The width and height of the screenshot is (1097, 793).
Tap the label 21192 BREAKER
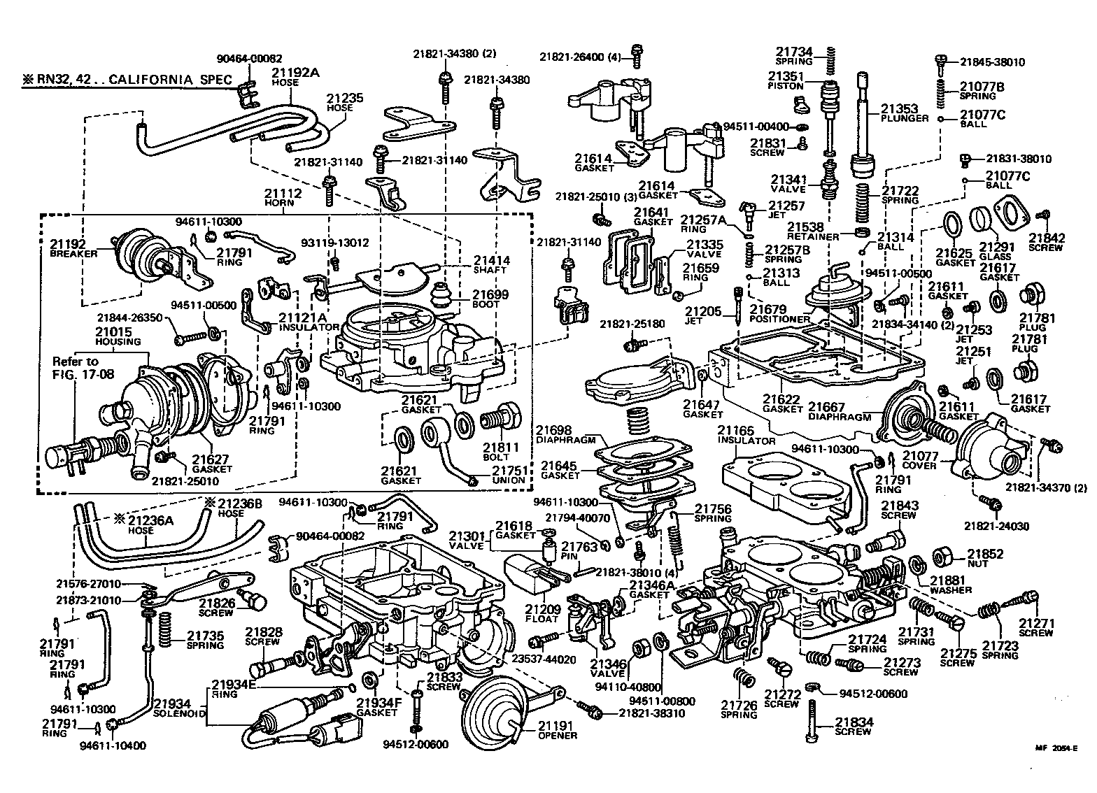pyautogui.click(x=68, y=249)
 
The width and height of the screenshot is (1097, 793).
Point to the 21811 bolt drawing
pyautogui.click(x=499, y=421)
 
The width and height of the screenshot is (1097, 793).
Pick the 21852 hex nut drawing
pyautogui.click(x=941, y=556)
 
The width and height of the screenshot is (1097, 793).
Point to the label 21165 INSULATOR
pyautogui.click(x=746, y=435)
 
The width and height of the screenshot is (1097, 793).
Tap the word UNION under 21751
pyautogui.click(x=508, y=480)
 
